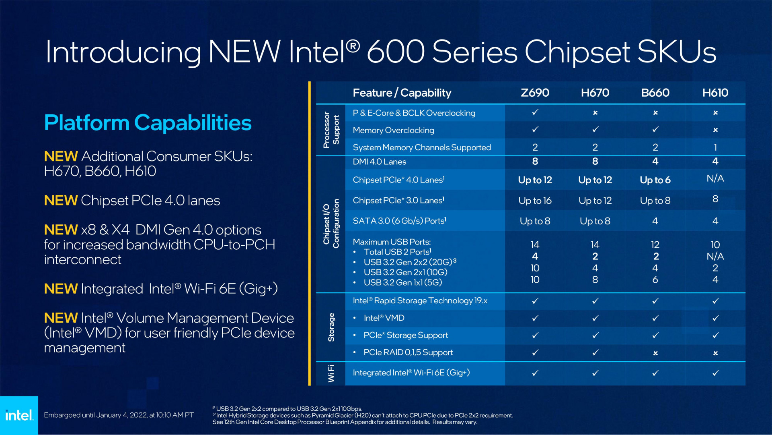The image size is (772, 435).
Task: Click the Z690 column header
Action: pos(535,93)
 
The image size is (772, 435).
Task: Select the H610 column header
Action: pos(715,93)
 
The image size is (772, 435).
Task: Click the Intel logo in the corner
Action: pos(19,415)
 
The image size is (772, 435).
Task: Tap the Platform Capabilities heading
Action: pos(148,123)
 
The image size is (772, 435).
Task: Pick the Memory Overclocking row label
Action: pos(393,130)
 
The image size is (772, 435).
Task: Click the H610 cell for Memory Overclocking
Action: pos(715,130)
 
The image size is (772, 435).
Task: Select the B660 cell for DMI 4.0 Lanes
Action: pos(655,162)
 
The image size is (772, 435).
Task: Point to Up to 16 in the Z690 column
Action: pos(535,201)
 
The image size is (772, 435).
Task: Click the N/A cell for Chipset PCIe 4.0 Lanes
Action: pos(715,178)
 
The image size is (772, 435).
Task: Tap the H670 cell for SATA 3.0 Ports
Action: pos(595,221)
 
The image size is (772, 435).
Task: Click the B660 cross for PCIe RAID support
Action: pos(655,353)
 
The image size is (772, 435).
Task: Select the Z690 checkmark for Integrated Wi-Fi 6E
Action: pos(535,373)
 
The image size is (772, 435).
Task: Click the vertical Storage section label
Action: pos(331,327)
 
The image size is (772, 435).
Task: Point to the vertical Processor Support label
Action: pos(331,130)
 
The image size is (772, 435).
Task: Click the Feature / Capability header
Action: pos(402,93)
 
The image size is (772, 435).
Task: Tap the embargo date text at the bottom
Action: pos(119,415)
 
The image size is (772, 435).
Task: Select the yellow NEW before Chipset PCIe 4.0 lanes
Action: pos(61,201)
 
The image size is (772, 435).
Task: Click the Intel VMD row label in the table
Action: pos(384,318)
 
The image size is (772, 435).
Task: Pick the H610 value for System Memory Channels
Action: pos(715,147)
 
